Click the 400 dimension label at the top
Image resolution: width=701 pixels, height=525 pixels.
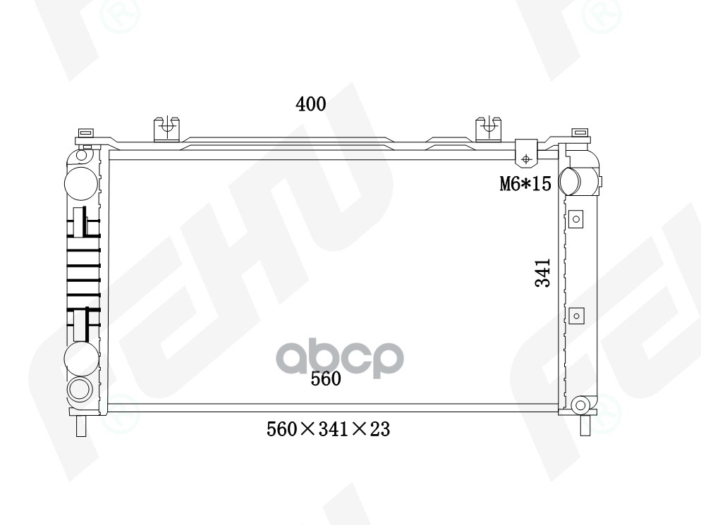click(x=310, y=104)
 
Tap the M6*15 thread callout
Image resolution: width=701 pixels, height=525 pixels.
click(x=524, y=184)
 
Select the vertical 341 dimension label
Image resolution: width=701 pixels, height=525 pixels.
click(x=542, y=273)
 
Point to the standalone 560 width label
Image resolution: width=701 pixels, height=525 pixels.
click(x=326, y=379)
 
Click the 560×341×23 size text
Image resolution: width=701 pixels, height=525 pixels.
click(x=328, y=428)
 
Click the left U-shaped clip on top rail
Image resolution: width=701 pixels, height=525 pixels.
click(x=166, y=129)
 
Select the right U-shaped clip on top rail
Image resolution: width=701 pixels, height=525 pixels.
click(x=488, y=129)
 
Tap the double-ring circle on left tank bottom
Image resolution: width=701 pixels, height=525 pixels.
click(x=79, y=388)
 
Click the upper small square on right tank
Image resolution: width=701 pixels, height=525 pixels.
click(x=576, y=218)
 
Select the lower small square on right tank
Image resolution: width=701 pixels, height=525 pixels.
click(x=576, y=316)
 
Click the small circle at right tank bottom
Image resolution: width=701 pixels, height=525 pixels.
click(x=580, y=404)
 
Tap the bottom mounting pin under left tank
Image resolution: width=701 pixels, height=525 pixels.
click(x=81, y=425)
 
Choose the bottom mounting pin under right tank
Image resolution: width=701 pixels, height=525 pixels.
click(x=585, y=426)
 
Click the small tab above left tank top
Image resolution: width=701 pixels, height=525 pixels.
click(x=85, y=132)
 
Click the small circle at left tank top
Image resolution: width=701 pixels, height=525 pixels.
click(x=82, y=154)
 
